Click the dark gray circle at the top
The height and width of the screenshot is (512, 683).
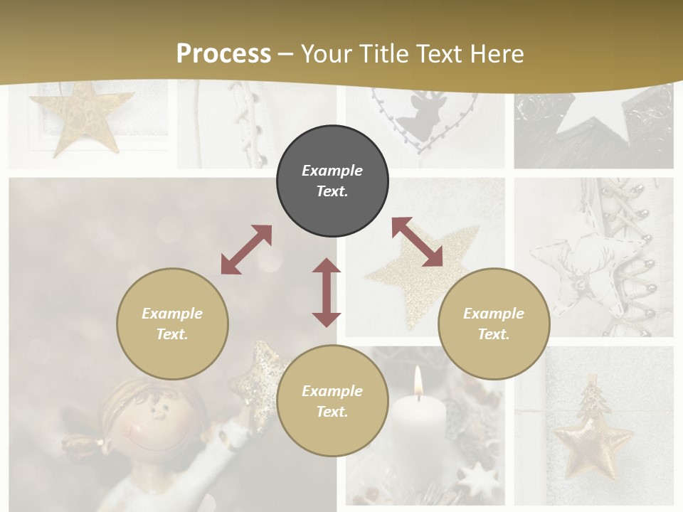(x=332, y=181)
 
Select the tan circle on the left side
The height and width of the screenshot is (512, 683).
(x=172, y=324)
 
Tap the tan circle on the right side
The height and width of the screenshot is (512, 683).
(x=494, y=324)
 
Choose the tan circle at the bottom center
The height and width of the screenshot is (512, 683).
(x=332, y=401)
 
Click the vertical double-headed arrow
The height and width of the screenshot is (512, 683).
(x=327, y=292)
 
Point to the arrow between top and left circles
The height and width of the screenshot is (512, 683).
(x=246, y=250)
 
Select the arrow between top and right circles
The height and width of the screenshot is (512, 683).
(x=418, y=242)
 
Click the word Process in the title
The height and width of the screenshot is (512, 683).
(x=223, y=53)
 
